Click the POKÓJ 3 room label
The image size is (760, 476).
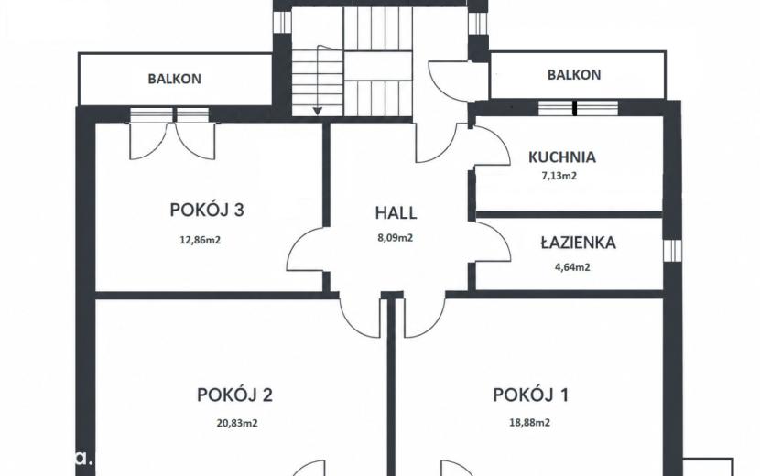207,211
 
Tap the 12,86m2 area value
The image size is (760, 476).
201,240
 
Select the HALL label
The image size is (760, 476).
396,212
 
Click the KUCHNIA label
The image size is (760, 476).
562,157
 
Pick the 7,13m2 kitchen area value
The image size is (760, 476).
559,176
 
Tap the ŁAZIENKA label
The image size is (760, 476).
578,243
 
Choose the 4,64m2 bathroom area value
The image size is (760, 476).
572,267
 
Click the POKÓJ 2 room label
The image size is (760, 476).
234,395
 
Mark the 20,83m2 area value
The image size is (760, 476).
237,423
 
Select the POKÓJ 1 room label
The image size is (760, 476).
531,395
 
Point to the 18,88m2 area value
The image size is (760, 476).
530,423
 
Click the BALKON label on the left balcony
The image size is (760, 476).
175,79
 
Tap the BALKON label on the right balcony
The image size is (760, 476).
574,75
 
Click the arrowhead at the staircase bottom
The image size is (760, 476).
317,112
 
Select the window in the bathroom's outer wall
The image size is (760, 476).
672,250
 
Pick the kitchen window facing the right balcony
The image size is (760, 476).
578,108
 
